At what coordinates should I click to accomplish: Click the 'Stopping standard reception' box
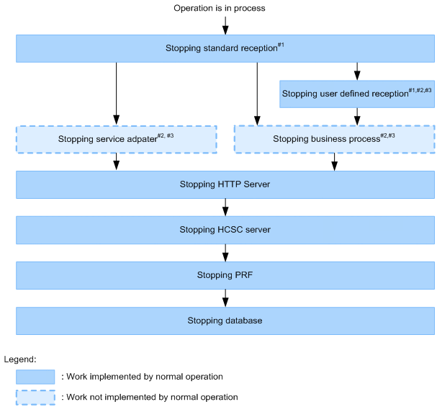pos(225,48)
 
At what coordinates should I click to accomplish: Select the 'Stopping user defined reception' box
pos(356,94)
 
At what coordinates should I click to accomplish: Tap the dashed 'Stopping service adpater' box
pos(116,139)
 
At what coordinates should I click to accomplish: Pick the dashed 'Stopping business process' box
pos(334,138)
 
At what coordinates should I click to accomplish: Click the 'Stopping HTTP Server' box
pos(225,184)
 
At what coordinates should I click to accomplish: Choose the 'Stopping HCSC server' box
pos(225,230)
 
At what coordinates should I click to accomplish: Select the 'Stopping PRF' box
pos(225,275)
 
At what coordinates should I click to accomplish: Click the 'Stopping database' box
pos(225,321)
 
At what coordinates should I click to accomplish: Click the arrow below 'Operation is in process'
pos(225,25)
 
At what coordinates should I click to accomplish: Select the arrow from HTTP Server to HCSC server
pos(225,207)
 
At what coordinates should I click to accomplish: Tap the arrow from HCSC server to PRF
pos(225,252)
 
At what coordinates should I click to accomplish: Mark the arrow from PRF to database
pos(225,298)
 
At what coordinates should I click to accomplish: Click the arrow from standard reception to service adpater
pos(116,94)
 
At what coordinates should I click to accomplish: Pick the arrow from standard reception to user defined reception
pos(356,71)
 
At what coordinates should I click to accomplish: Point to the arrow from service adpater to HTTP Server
pos(116,162)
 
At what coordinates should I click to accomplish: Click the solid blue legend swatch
pos(35,377)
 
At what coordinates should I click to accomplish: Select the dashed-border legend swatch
pos(35,397)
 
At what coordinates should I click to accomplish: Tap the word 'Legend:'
pos(20,359)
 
